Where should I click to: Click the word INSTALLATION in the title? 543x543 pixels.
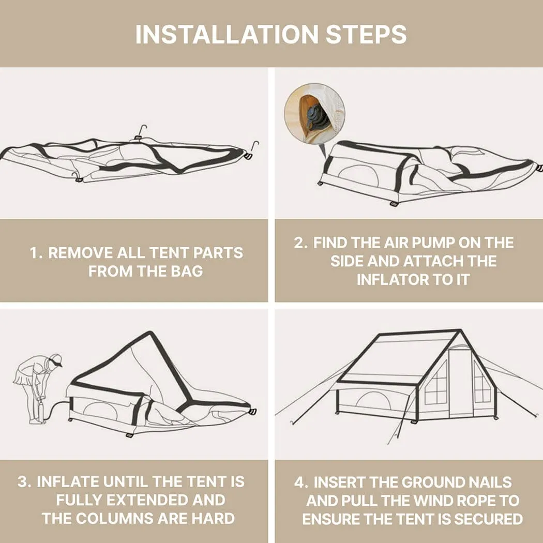tap(227, 34)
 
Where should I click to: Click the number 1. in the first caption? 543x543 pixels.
tap(36, 253)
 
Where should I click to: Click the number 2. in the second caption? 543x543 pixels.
tap(300, 243)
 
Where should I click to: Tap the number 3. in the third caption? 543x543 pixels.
tap(24, 482)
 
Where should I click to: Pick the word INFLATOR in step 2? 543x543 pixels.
tap(389, 280)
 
